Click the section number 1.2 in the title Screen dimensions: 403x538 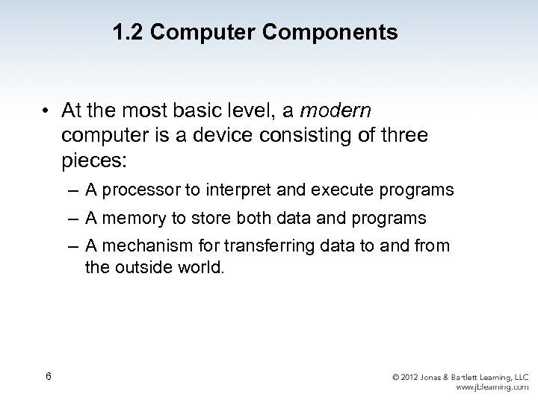tap(128, 34)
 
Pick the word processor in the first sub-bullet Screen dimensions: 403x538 tap(135, 190)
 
